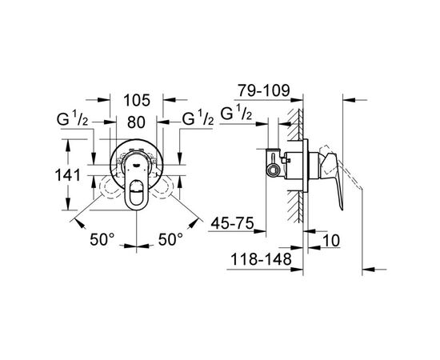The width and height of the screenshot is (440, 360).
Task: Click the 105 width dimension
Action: tap(137, 100)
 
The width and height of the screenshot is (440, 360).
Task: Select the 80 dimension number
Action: tap(136, 122)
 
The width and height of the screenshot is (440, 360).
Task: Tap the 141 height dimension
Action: tap(68, 175)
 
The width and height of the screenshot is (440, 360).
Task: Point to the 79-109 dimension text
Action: tap(263, 90)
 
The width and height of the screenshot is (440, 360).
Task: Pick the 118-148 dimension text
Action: tap(261, 259)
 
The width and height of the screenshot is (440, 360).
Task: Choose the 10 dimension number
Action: tap(331, 241)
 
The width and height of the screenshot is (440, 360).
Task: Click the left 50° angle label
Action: tap(102, 239)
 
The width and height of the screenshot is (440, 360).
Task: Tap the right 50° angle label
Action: tap(170, 239)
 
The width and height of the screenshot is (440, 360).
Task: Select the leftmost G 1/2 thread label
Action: tap(72, 118)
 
